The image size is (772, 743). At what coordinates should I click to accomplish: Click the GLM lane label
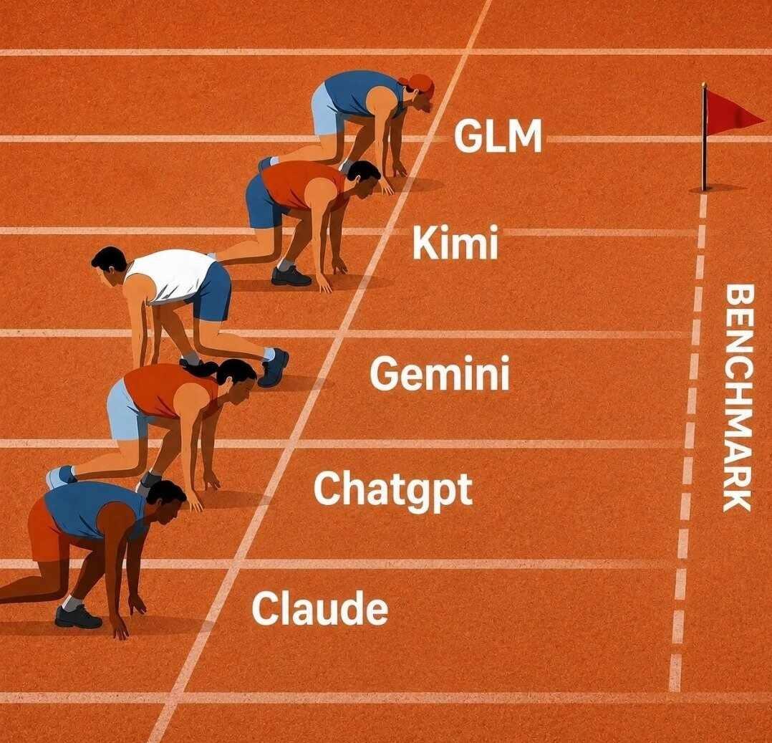[x=497, y=135]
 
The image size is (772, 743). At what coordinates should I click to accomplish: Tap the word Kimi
[x=455, y=242]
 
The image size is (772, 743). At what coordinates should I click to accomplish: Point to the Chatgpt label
[x=393, y=489]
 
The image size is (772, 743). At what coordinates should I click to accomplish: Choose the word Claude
[x=319, y=608]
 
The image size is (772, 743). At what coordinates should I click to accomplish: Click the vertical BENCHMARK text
[x=737, y=398]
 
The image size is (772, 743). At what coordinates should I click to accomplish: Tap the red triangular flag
[x=733, y=115]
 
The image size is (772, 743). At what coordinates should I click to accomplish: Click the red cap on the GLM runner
[x=418, y=83]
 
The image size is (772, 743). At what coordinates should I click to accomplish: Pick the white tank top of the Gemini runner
[x=170, y=276]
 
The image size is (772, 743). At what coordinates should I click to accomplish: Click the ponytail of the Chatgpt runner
[x=199, y=367]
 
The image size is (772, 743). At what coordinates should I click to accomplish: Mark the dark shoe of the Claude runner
[x=78, y=616]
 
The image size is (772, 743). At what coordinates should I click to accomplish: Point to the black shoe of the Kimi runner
[x=291, y=276]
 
